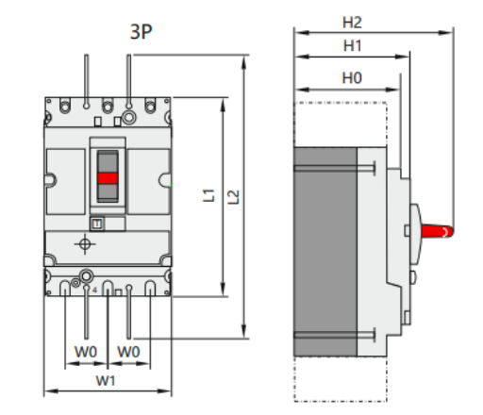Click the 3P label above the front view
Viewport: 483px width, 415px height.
(142, 31)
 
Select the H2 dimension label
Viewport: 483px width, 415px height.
(353, 21)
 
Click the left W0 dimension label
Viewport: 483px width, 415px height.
(86, 352)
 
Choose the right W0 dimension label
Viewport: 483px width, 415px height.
(129, 352)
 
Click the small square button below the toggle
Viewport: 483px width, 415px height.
(95, 223)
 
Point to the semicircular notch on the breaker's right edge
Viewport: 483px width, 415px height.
(166, 179)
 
